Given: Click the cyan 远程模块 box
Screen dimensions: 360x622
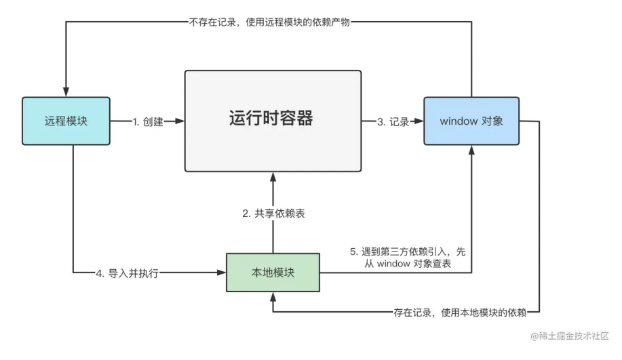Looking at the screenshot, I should pos(66,121).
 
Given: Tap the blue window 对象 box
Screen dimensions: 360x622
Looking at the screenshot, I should pos(471,121).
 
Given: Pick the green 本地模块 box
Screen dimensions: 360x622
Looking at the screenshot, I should pos(273,273).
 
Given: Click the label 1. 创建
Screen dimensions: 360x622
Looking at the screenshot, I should pos(148,122).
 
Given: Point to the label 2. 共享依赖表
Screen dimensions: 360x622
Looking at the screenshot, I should pos(273,214).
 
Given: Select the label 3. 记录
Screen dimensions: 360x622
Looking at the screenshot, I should pos(393,122).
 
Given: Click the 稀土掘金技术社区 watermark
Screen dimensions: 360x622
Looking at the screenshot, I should pos(570,336).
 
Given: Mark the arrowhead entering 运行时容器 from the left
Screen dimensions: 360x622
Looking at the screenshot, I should pos(180,121).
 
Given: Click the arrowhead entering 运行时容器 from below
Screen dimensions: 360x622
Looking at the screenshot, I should pos(273,177).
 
